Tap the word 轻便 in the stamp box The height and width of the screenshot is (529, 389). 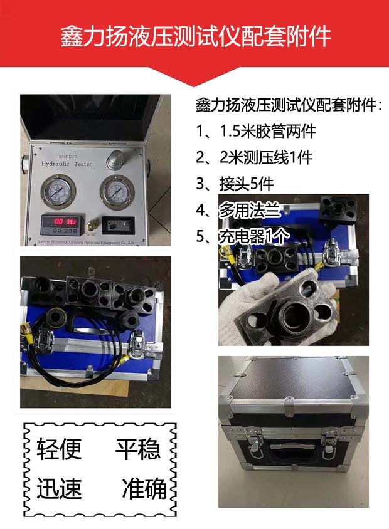59,449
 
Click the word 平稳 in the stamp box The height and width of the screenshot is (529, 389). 137,449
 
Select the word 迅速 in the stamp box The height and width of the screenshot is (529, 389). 59,488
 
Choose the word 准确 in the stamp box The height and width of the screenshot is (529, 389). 144,488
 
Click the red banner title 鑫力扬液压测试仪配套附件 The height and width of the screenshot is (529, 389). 195,36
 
